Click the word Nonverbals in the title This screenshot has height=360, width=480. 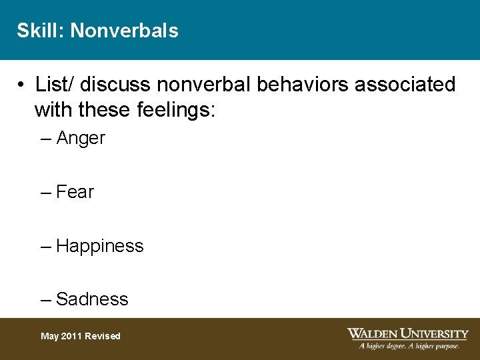click(x=124, y=31)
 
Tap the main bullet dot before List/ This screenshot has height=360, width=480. click(x=22, y=85)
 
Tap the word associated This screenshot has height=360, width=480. click(x=407, y=85)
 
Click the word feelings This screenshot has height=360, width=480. click(x=171, y=109)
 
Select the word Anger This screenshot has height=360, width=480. click(x=81, y=139)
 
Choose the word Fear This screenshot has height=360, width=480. click(x=75, y=192)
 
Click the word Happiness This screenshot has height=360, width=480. click(x=100, y=246)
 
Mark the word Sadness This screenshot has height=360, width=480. click(x=92, y=299)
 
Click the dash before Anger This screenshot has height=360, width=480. click(x=46, y=139)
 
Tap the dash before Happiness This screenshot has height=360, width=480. click(x=46, y=246)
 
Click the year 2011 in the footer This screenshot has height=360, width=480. click(x=73, y=336)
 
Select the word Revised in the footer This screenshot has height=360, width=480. click(x=103, y=336)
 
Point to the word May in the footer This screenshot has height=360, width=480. click(x=49, y=336)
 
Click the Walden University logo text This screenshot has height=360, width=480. click(x=407, y=333)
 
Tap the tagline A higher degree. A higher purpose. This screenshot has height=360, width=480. click(x=409, y=346)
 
